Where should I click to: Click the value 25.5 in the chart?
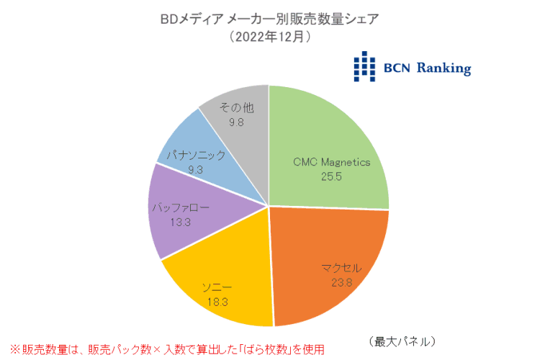coord(330,175)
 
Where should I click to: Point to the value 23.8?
coord(341,283)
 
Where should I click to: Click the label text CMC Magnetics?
coord(331,162)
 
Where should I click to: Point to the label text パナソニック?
coord(197,155)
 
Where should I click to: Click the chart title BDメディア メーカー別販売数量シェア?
coord(271,19)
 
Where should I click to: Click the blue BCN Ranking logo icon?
coord(365,66)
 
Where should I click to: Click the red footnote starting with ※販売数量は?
coord(163,348)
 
